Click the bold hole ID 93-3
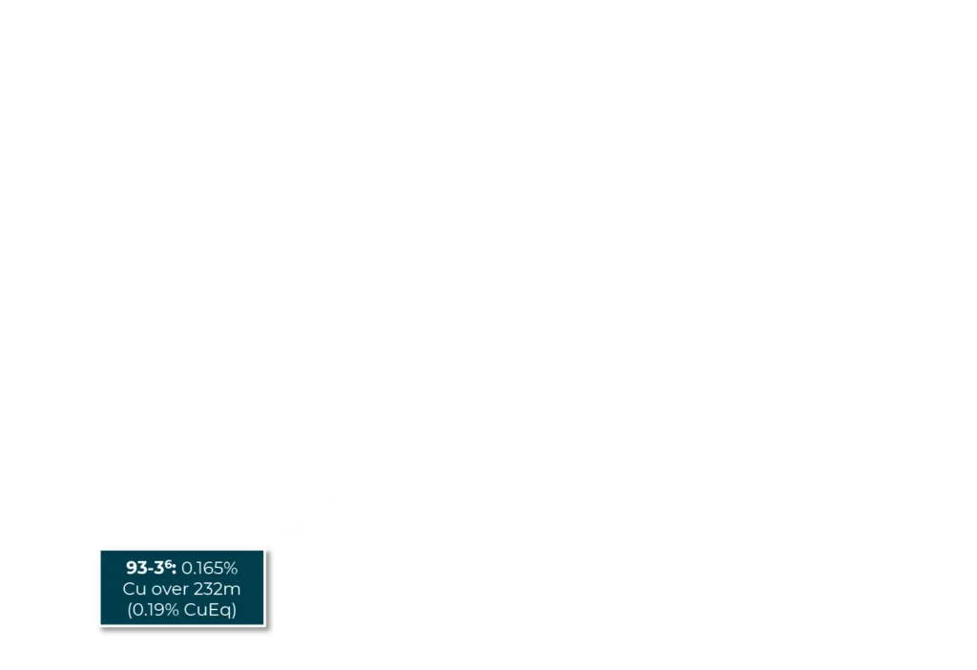click(x=145, y=568)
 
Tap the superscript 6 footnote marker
click(x=168, y=564)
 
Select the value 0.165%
click(x=209, y=569)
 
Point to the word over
click(x=170, y=589)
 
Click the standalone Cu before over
click(x=135, y=589)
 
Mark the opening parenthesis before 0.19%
click(x=130, y=610)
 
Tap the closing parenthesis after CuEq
click(x=234, y=610)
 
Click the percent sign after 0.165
click(x=231, y=569)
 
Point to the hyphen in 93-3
click(x=150, y=570)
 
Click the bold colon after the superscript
click(x=174, y=570)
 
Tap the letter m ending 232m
click(x=235, y=590)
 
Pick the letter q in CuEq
click(x=226, y=612)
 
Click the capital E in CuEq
click(x=215, y=610)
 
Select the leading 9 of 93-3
click(x=131, y=568)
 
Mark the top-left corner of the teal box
click(x=101, y=551)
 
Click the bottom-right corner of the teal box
click(x=264, y=624)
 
